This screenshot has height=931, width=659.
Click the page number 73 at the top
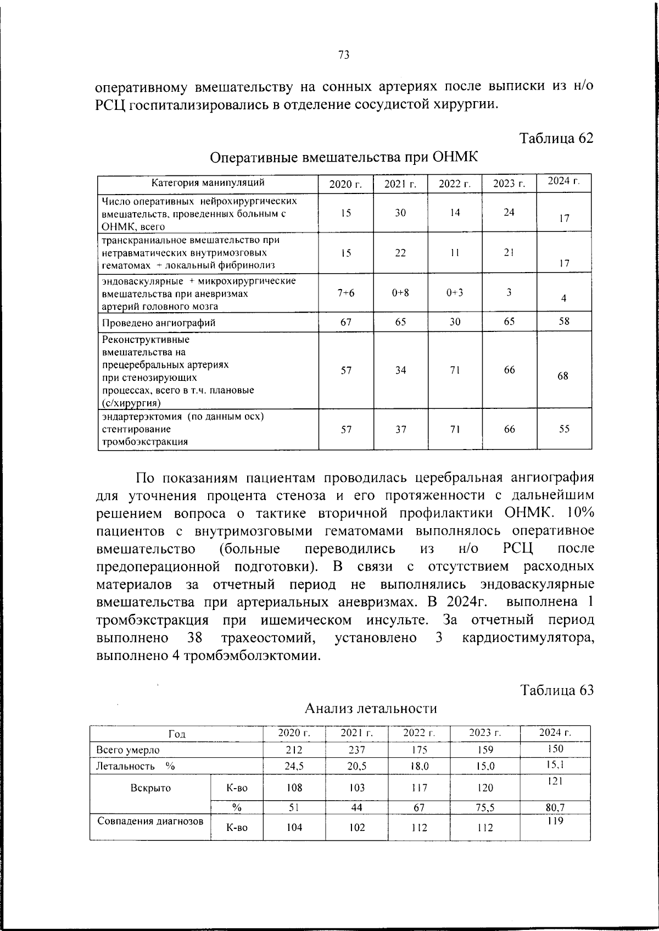coord(344,55)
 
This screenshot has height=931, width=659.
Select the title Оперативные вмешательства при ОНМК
coord(344,158)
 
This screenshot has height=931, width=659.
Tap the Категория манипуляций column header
coord(208,182)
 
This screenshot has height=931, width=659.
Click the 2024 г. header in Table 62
coord(563,181)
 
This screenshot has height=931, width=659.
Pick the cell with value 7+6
coord(345,293)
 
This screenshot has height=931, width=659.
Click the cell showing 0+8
coord(400,293)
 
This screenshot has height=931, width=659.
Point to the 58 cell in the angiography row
coord(564,321)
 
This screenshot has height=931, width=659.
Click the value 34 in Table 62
coord(400,370)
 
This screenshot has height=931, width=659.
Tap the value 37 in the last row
coord(400,429)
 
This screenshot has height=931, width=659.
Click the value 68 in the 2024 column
coord(563,376)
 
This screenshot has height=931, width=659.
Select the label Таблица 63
coord(556,691)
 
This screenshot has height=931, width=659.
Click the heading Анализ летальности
coord(371,708)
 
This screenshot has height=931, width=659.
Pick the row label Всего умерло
coord(128,750)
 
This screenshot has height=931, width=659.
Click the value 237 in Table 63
coord(356,750)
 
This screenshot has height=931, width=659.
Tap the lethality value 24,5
coord(294,766)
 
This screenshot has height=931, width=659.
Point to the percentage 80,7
coord(555,808)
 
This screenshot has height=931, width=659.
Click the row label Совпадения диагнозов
coord(150,822)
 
